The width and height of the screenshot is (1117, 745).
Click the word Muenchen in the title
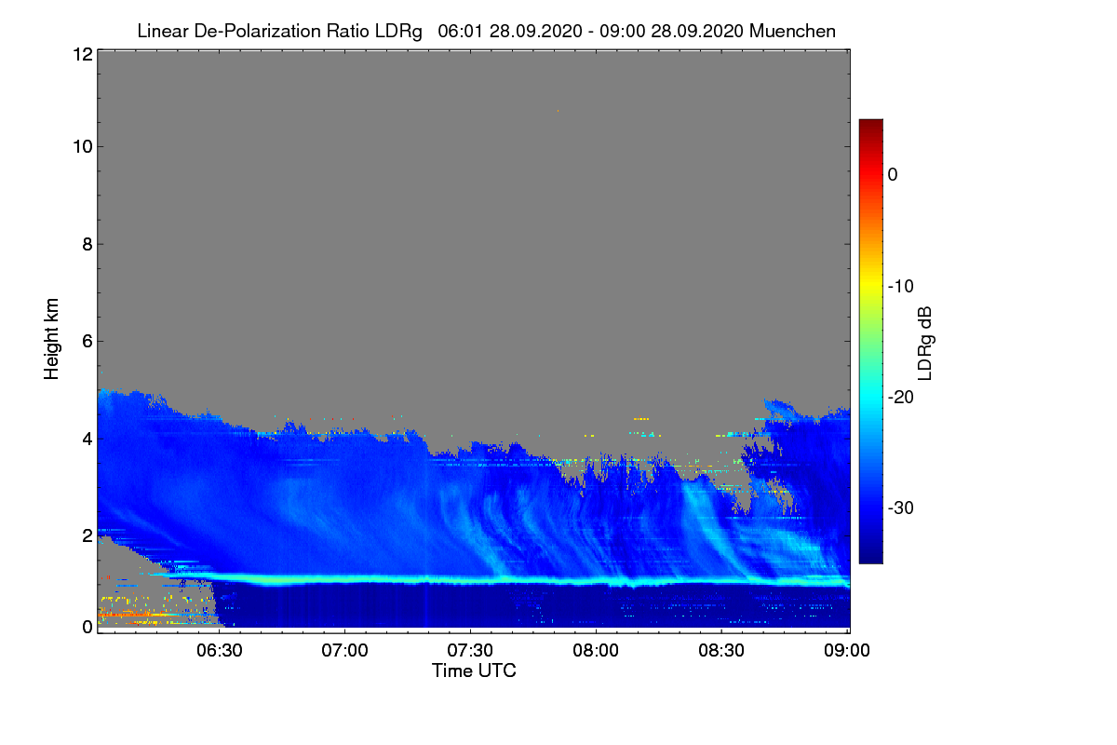[x=792, y=31]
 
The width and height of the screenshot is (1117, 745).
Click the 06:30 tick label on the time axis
[x=219, y=650]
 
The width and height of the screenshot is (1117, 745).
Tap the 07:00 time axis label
[x=344, y=650]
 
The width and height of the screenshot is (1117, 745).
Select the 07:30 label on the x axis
[x=470, y=650]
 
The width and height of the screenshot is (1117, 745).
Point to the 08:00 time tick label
[x=596, y=650]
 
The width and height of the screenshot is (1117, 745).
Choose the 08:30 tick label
[x=721, y=650]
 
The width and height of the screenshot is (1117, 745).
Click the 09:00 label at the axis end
[x=847, y=650]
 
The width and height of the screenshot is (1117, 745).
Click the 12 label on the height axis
[x=83, y=54]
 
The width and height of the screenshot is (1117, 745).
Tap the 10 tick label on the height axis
[x=83, y=147]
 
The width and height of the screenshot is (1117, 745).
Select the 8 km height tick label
[x=87, y=244]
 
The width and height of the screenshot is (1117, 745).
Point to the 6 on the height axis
[x=87, y=342]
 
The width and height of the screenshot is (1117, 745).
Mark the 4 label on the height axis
[x=87, y=440]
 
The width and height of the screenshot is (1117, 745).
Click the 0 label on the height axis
[x=87, y=627]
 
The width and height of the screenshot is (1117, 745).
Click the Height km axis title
[x=51, y=339]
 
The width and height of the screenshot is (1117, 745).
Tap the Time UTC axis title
[x=474, y=670]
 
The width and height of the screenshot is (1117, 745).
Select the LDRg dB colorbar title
[x=925, y=344]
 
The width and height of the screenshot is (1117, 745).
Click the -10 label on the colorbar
[x=901, y=287]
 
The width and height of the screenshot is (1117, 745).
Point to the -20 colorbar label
[x=901, y=398]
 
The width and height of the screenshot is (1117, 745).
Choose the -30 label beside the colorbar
[x=901, y=508]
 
